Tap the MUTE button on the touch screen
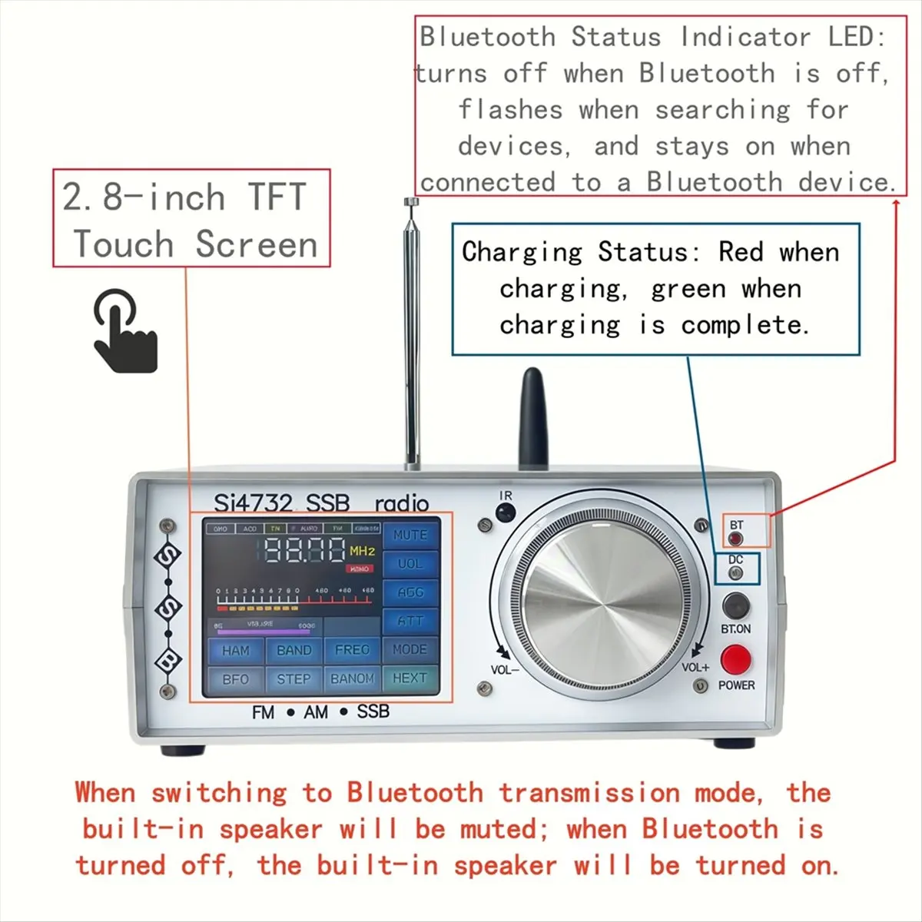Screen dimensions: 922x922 coord(410,535)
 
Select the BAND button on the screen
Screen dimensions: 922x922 coord(294,651)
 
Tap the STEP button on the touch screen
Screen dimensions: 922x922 coord(294,679)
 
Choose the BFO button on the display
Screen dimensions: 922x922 coord(235,679)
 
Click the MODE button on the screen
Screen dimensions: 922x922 coord(410,649)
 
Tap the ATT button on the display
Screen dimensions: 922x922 coord(410,621)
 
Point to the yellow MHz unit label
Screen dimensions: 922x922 coord(362,551)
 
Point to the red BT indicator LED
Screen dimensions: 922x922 coord(736,539)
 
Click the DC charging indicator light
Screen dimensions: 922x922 coord(735,573)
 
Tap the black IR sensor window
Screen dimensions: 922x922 coord(505,512)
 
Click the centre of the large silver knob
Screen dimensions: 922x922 coord(602,598)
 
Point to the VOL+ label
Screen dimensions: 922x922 coord(695,668)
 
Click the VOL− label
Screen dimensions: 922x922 coord(505,670)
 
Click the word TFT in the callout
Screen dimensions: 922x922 coord(277,197)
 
